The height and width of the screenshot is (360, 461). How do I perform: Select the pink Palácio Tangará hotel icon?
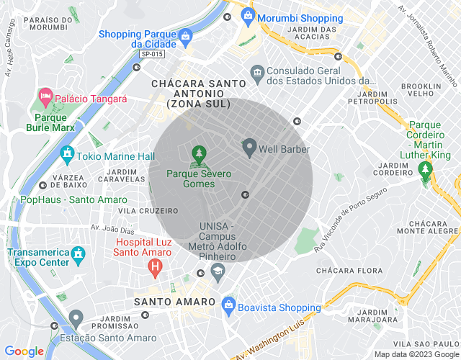point(45,96)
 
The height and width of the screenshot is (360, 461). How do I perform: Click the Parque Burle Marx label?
point(50,124)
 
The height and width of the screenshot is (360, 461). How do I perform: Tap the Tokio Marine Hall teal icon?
point(68,153)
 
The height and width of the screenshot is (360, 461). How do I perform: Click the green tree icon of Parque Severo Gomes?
point(198,153)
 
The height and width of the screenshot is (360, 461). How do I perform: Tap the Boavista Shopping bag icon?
point(229,303)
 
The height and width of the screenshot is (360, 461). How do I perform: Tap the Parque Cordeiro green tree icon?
point(425,168)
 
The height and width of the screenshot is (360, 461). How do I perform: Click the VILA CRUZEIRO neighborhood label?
point(147,211)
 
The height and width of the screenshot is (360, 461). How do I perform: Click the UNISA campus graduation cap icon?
point(217,270)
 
